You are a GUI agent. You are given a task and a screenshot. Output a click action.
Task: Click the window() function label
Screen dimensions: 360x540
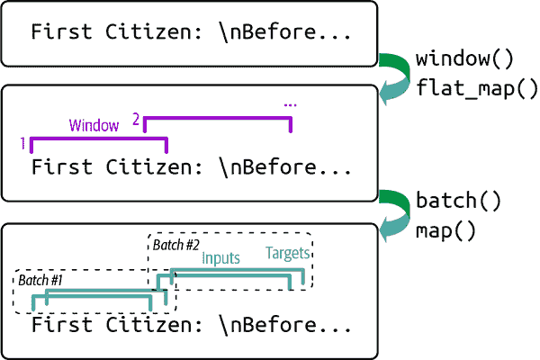pyautogui.click(x=463, y=60)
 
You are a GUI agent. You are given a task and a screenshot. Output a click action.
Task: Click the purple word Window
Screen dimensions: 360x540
pyautogui.click(x=94, y=125)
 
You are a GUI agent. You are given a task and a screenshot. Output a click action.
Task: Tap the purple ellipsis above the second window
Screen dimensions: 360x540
pyautogui.click(x=290, y=104)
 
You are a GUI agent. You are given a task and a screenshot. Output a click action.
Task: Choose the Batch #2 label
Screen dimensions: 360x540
pyautogui.click(x=175, y=245)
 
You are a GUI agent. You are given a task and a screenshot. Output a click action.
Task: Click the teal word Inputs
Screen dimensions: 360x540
pyautogui.click(x=220, y=258)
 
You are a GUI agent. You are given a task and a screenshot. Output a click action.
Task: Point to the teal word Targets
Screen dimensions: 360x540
pyautogui.click(x=286, y=254)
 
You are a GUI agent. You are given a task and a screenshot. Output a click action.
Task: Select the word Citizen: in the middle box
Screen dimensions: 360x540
pyautogui.click(x=146, y=167)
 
